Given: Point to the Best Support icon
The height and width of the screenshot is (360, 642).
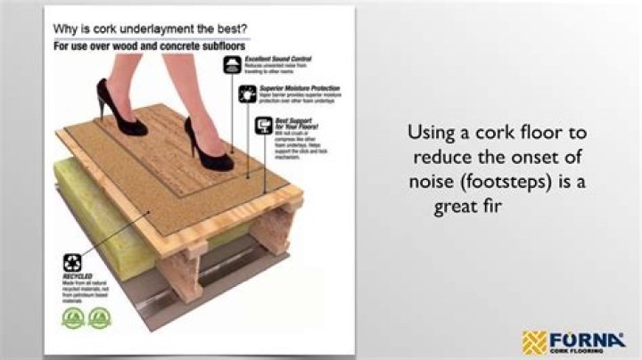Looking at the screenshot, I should pos(264,126).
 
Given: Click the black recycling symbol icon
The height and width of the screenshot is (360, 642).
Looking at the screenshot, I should pos(72,263).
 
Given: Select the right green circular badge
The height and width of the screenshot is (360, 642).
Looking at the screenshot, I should pos(99,317).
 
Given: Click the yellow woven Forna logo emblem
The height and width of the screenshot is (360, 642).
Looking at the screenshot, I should pos(534,341).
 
